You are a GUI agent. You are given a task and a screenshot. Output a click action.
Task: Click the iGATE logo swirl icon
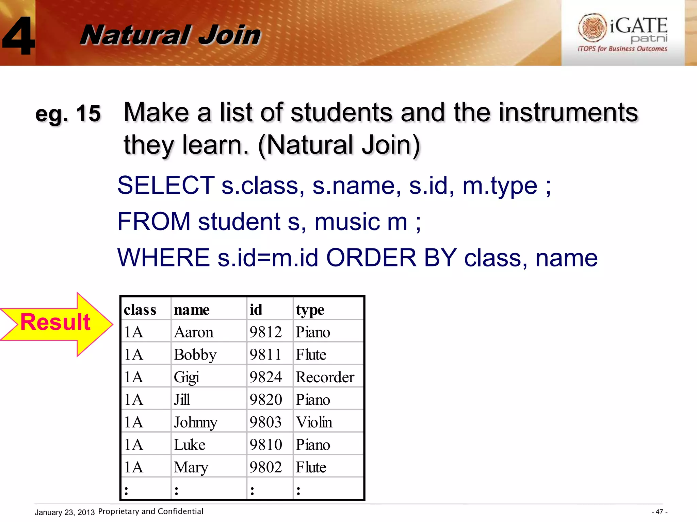click(x=592, y=27)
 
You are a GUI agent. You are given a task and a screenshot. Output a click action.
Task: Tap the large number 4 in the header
click(x=19, y=36)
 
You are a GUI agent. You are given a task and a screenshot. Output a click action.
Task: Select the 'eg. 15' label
click(x=68, y=114)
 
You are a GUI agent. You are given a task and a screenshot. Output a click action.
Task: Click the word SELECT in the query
click(x=166, y=186)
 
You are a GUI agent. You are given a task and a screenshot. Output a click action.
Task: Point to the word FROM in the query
click(x=154, y=222)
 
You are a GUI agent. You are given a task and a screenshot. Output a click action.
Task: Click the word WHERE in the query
click(x=163, y=258)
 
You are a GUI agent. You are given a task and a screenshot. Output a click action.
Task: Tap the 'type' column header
click(x=310, y=310)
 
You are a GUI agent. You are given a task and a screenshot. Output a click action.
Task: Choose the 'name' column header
click(x=192, y=310)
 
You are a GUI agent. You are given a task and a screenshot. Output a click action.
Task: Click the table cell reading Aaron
click(x=194, y=332)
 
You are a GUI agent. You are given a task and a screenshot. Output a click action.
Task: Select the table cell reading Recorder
click(x=325, y=377)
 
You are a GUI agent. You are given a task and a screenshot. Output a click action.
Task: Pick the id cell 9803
click(x=266, y=422)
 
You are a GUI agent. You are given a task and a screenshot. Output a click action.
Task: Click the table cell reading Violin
click(x=314, y=422)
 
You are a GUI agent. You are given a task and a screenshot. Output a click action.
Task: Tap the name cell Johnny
click(x=195, y=422)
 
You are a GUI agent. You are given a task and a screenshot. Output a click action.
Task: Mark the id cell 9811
click(x=266, y=355)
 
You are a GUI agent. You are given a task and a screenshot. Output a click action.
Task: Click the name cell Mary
click(x=191, y=468)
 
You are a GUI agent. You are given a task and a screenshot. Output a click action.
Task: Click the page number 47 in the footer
click(x=659, y=512)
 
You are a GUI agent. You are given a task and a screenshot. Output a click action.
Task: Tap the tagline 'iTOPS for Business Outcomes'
click(x=622, y=49)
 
